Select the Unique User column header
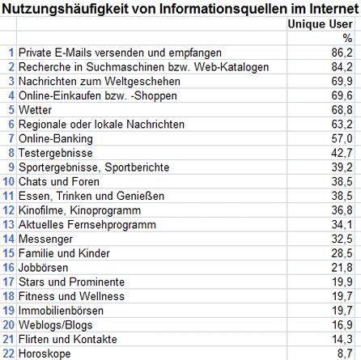320,24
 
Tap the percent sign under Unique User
347,38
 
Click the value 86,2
342,53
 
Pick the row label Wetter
35,110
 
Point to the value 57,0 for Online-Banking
342,138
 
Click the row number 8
11,153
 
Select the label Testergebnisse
55,153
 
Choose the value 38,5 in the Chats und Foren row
342,181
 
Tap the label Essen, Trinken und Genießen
91,196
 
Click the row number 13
8,224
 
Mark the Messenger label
45,239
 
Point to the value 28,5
342,253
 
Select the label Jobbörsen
43,268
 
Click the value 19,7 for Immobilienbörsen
342,311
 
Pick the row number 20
8,324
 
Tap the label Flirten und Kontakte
68,339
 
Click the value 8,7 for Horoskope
345,354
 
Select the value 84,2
342,67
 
